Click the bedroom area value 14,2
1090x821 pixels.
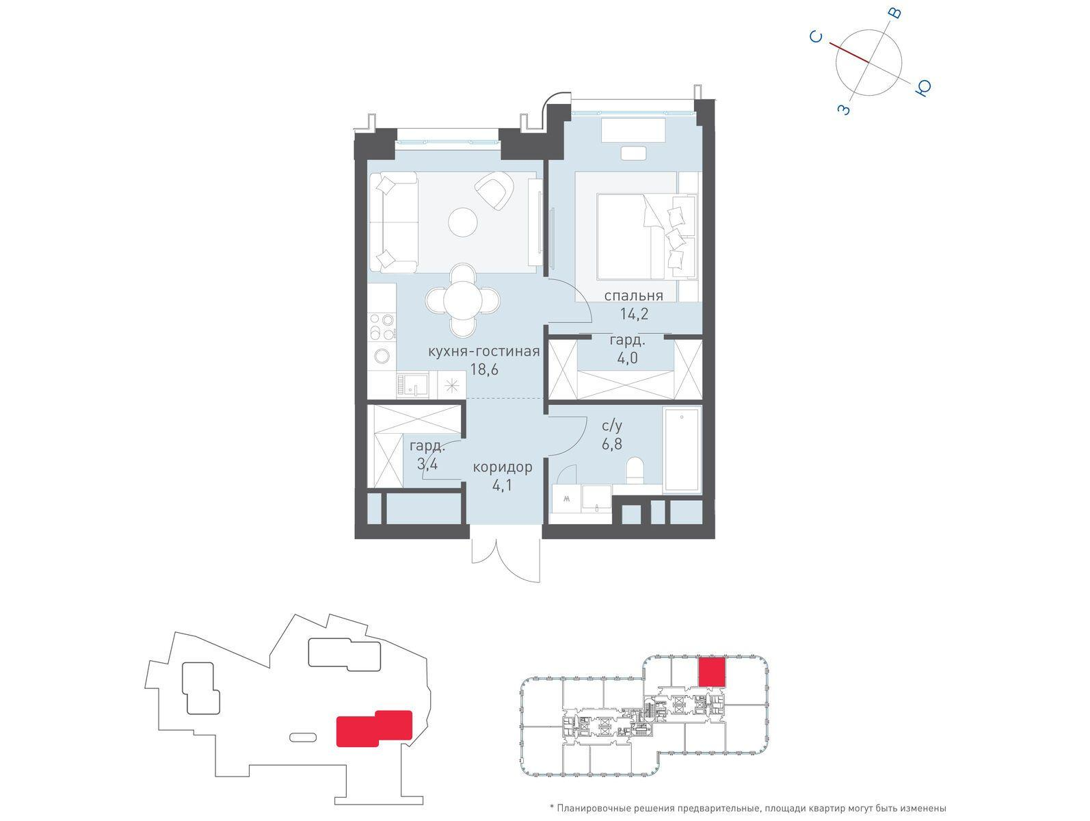pos(634,314)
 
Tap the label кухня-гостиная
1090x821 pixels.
pos(483,352)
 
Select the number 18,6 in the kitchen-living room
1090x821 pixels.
pos(484,369)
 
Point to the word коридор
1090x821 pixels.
pos(503,467)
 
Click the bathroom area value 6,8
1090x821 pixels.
pos(612,444)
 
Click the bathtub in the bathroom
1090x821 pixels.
pos(682,450)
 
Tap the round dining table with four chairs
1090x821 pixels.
pos(463,300)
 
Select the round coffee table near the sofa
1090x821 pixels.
pos(463,222)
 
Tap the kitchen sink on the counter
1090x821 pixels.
pos(412,385)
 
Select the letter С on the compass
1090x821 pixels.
pos(816,37)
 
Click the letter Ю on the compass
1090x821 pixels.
pos(923,88)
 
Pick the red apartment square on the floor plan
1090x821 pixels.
pos(712,673)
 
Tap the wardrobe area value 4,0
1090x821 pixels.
pos(627,358)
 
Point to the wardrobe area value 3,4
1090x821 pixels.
pos(428,465)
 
